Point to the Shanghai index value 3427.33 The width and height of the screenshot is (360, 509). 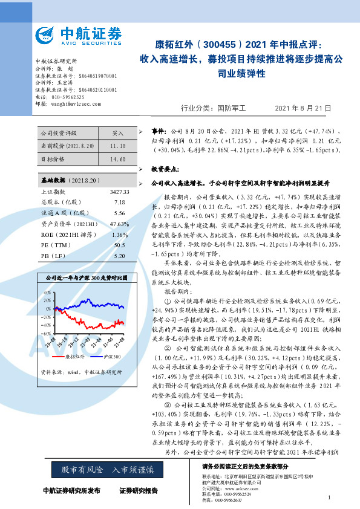tap(117, 192)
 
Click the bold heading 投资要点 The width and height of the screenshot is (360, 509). tap(164, 169)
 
